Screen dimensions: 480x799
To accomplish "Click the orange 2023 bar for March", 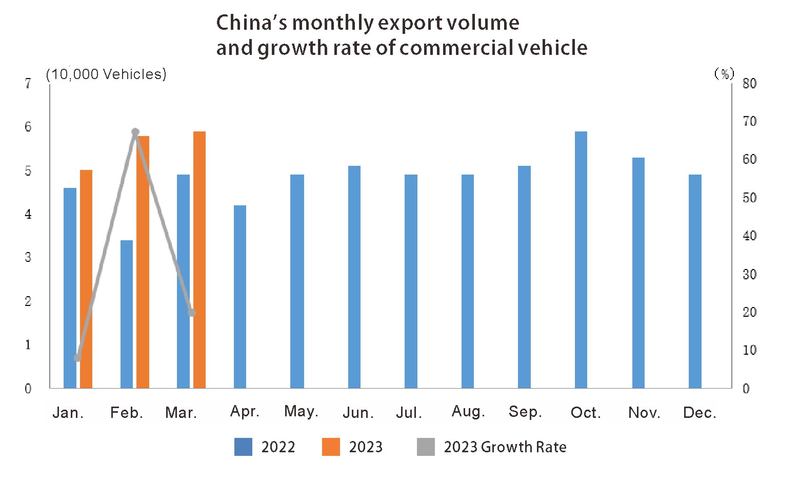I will pyautogui.click(x=199, y=260).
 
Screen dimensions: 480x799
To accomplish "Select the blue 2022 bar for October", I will pyautogui.click(x=581, y=260).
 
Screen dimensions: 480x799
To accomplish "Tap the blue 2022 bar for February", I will pyautogui.click(x=127, y=314).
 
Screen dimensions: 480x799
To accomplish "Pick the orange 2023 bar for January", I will pyautogui.click(x=86, y=279).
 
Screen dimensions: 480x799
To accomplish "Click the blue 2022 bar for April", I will pyautogui.click(x=240, y=297).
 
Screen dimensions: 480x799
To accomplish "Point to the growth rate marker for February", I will pyautogui.click(x=135, y=132).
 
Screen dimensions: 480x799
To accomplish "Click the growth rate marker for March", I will pyautogui.click(x=192, y=312).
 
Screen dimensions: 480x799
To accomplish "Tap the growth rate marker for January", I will pyautogui.click(x=77, y=358).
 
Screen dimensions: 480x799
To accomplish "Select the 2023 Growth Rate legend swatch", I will pyautogui.click(x=426, y=447).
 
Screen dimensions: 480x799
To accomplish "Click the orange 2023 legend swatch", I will pyautogui.click(x=331, y=447).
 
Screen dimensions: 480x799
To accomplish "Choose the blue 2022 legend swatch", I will pyautogui.click(x=243, y=447).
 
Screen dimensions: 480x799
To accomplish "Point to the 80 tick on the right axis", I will pyautogui.click(x=749, y=84).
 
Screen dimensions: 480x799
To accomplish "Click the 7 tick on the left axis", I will pyautogui.click(x=28, y=84).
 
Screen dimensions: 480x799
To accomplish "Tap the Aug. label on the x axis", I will pyautogui.click(x=468, y=412).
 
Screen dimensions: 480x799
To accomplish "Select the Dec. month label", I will pyautogui.click(x=700, y=413).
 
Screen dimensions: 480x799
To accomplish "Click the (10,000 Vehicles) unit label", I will pyautogui.click(x=106, y=74).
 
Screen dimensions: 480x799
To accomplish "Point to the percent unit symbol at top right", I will pyautogui.click(x=724, y=74).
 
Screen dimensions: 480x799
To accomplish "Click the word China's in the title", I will pyautogui.click(x=250, y=23).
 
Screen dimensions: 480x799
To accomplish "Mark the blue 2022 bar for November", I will pyautogui.click(x=638, y=273).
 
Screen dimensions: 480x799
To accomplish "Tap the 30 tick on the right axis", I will pyautogui.click(x=749, y=275).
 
